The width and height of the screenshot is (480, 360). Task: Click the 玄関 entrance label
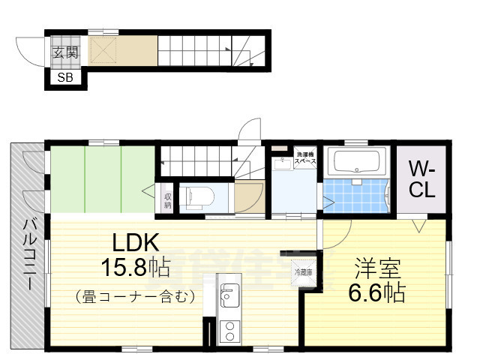click(65, 52)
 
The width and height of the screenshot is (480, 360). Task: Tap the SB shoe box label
click(65, 77)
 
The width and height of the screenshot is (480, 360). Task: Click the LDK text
click(136, 242)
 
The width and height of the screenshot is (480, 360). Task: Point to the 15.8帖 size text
click(136, 267)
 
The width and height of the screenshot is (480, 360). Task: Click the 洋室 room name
click(378, 268)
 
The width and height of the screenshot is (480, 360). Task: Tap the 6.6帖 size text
click(378, 292)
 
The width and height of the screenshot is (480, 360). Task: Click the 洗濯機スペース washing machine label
click(304, 157)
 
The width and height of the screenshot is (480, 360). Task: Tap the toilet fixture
click(198, 197)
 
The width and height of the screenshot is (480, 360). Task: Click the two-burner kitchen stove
click(228, 330)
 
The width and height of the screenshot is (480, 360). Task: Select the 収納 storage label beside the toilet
click(168, 199)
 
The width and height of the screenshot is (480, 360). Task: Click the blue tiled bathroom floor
click(355, 196)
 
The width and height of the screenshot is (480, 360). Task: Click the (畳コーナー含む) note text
click(136, 297)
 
